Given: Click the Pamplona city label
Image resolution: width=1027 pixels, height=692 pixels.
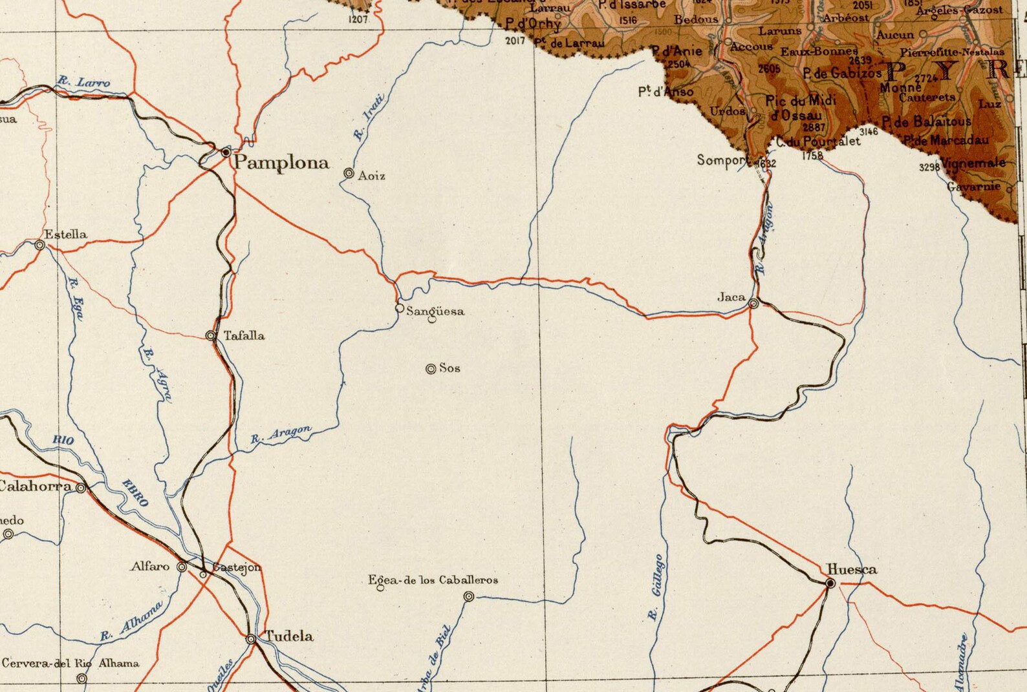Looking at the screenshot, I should pos(281,162).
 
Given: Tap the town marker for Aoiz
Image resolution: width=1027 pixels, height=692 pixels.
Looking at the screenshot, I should pos(349,173).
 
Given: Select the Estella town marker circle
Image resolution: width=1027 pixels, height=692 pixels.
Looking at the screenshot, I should pos(40,245).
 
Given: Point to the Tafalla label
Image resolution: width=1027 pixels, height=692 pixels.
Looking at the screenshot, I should pos(244,335).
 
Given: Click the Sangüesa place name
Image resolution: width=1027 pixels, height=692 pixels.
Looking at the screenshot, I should pos(435,311).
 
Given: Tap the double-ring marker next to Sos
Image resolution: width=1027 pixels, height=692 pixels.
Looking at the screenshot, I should pos(431,369).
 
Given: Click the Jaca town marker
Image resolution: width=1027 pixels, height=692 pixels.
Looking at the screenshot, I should pos(753,303).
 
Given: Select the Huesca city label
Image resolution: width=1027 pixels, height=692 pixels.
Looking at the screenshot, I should pos(852,569).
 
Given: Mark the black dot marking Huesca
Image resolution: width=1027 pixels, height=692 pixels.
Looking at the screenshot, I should pos(830,583).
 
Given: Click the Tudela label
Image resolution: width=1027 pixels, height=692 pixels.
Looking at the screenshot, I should pos(289,636).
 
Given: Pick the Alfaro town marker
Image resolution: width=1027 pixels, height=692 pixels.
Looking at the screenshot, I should pos(182,567).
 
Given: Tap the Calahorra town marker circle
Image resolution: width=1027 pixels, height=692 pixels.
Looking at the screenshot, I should pos(81,488).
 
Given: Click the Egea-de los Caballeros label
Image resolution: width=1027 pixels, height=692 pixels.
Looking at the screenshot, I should pos(433,580).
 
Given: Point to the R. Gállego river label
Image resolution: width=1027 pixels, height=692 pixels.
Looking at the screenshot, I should pos(656,586).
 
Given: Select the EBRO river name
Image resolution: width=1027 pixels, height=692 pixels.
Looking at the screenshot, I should pos(136,492).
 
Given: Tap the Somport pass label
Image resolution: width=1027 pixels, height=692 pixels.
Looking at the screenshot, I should pos(722,160).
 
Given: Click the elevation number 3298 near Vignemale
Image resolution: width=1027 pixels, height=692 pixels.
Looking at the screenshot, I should pos(929,167).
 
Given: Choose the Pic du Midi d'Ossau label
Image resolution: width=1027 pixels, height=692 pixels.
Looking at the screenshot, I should pos(801,107).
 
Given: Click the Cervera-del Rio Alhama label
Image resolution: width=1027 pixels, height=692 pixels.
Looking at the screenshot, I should pos(70,663).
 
